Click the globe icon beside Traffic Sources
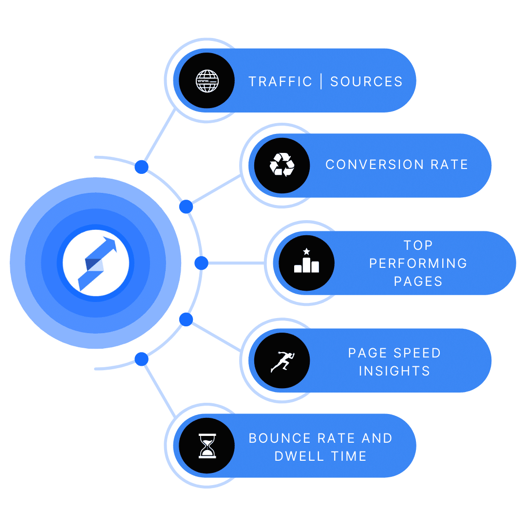(207, 81)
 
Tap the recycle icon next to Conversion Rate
(282, 165)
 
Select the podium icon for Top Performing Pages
(306, 263)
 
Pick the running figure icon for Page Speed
(282, 361)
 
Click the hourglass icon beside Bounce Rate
(207, 446)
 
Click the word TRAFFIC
(280, 81)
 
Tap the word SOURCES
(366, 81)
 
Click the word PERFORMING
(418, 263)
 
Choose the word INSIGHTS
(394, 371)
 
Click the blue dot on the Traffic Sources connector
(141, 167)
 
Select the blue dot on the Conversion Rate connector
(186, 207)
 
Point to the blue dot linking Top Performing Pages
(201, 263)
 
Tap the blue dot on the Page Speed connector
(186, 319)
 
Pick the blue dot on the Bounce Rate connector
(141, 359)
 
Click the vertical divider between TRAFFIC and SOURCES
(321, 81)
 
